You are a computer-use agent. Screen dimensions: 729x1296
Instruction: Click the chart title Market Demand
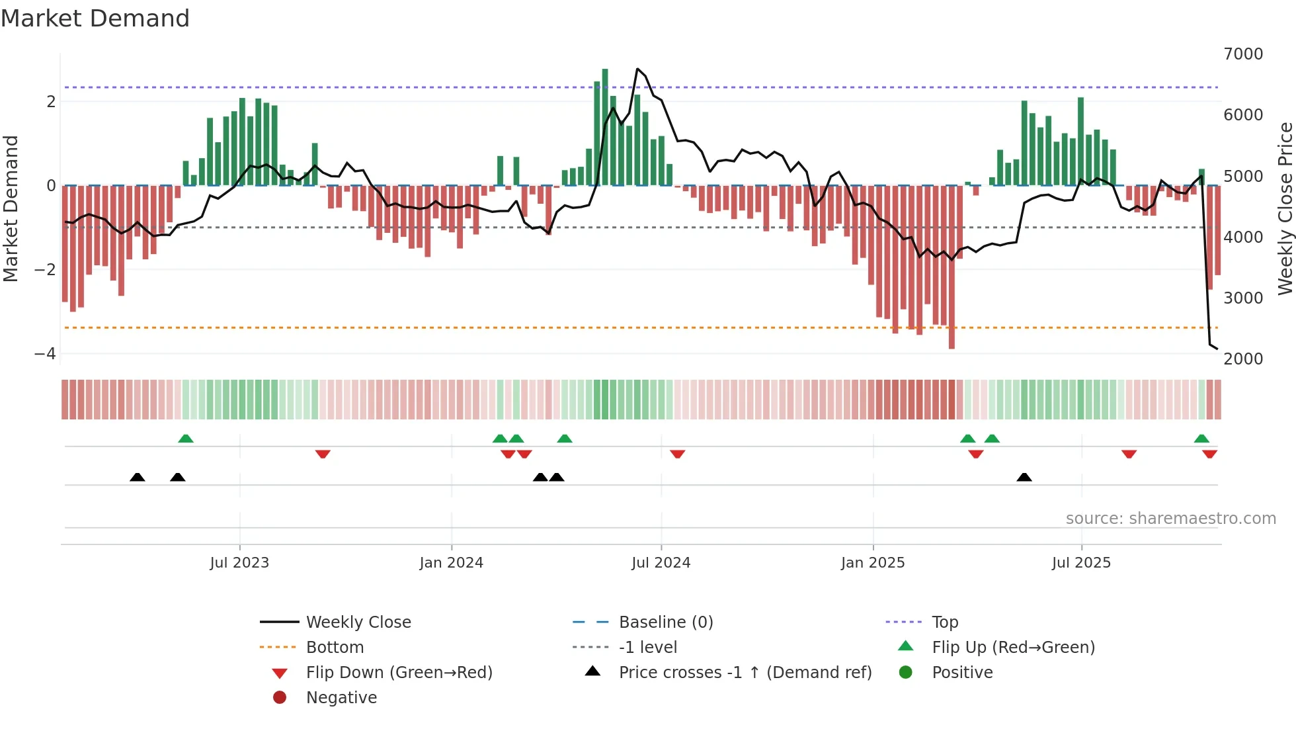tap(95, 18)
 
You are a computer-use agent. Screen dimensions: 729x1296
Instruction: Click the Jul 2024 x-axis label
tap(661, 563)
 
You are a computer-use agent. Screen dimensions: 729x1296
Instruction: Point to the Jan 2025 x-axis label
tap(872, 563)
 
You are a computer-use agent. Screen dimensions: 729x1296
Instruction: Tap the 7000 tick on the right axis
tap(1243, 54)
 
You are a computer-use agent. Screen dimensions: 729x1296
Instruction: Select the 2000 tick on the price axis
tap(1243, 359)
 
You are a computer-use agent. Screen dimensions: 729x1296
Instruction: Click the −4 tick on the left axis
tap(45, 354)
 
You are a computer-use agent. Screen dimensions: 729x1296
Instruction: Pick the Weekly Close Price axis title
tap(1285, 208)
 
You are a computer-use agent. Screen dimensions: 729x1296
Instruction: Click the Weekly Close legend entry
tap(358, 622)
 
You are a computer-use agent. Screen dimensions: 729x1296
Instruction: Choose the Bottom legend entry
tap(335, 648)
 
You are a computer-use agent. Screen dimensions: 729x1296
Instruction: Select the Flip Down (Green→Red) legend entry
tap(399, 673)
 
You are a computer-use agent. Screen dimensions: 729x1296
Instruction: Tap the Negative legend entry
tap(341, 698)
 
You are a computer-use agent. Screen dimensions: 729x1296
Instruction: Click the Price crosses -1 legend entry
tap(745, 673)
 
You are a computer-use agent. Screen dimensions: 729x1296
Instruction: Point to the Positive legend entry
tap(962, 673)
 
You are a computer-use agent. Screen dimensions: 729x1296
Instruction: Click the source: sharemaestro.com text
tap(1170, 519)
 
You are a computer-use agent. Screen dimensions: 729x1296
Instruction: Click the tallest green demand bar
tap(605, 126)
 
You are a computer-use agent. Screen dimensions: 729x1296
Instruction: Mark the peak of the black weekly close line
tap(637, 69)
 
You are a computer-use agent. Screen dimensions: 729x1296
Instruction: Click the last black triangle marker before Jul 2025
tap(1024, 478)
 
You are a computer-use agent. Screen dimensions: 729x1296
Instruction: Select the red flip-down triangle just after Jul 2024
tap(677, 454)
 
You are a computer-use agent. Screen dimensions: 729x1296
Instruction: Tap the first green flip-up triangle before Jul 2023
tap(186, 439)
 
